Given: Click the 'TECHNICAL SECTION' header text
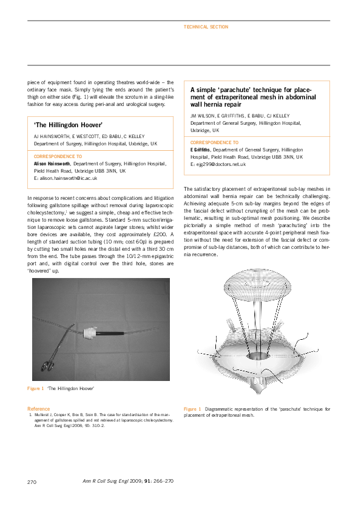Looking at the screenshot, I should pos(206,27).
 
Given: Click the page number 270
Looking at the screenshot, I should pos(33,482).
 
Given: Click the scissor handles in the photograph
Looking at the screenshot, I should pos(48,365).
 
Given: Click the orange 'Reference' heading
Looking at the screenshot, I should pos(39,408).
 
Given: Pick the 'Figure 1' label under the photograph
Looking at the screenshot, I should pos(35,388).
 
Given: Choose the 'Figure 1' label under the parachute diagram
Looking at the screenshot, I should pos(193,409).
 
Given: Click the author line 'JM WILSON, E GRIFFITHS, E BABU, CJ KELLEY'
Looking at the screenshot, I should pos(240,114).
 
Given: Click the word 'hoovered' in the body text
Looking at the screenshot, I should pos(45,271).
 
